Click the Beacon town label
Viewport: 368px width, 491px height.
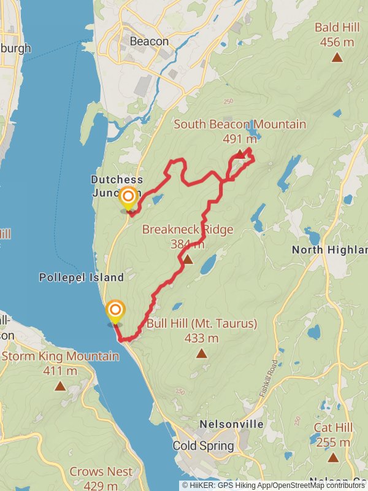[x=149, y=41]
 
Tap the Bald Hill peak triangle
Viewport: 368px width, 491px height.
[x=337, y=58]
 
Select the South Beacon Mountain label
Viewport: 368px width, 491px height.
[x=240, y=125]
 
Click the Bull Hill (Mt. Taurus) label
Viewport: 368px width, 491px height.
[x=201, y=323]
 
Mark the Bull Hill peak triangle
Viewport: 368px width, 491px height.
[x=201, y=353]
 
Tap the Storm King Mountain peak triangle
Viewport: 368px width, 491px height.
[x=60, y=386]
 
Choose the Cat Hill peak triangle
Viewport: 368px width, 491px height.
[x=333, y=457]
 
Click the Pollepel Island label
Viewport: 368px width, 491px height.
[x=82, y=277]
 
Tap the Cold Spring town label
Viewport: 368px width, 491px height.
[x=204, y=446]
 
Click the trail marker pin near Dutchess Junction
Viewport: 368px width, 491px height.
[x=128, y=196]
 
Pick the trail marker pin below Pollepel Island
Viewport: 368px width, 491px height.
[x=115, y=310]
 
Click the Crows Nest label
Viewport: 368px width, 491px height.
[x=101, y=472]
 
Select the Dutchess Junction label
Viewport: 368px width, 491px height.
[x=117, y=186]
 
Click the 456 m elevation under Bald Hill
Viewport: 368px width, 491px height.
[x=337, y=42]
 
